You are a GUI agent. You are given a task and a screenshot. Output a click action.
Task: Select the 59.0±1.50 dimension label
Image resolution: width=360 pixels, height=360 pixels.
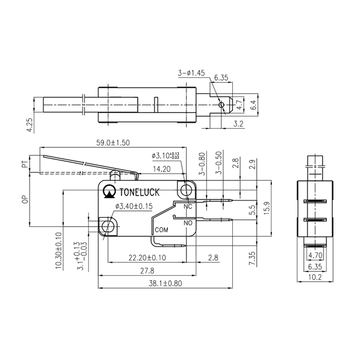[113, 143]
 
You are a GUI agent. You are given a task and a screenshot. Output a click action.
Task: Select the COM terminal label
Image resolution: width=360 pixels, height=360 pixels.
[161, 230]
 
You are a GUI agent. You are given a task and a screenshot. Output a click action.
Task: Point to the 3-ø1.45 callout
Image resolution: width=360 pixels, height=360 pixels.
[191, 72]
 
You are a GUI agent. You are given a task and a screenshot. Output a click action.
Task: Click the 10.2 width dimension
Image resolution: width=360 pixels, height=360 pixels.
[315, 277]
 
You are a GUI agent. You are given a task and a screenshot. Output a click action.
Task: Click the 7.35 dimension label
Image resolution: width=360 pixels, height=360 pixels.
[252, 260]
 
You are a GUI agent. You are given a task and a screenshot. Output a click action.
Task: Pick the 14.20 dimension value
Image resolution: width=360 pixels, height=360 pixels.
[161, 169]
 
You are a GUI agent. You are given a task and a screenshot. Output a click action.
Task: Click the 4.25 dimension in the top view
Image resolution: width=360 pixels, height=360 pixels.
[30, 124]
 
